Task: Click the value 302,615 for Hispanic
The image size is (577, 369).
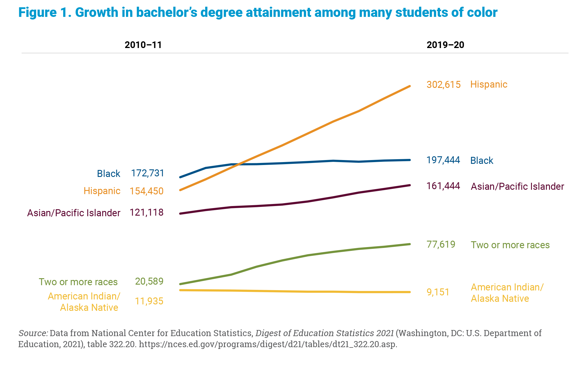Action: coord(443,85)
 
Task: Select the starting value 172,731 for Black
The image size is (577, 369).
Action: coord(147,173)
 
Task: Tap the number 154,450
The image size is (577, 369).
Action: coord(146,191)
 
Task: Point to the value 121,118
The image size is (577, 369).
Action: coord(146,212)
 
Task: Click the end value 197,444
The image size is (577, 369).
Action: coord(443,160)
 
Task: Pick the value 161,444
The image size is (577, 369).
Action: coord(443,186)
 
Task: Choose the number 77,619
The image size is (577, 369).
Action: coord(441,244)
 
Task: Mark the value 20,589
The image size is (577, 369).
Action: coord(149,281)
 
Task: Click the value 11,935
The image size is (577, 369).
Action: coord(149,301)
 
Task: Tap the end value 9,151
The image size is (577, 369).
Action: coord(438,292)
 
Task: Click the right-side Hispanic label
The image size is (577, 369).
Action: coord(489,85)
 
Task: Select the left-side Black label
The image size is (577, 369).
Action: coord(109,174)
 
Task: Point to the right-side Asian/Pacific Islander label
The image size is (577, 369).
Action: coord(517,187)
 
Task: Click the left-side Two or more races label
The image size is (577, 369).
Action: coord(78,282)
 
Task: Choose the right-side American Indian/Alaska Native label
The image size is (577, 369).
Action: coord(507,293)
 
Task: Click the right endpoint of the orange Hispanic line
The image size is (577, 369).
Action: coord(410,86)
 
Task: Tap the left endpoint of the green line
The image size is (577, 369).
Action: coord(180,284)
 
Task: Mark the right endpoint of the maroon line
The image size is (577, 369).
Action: coord(410,185)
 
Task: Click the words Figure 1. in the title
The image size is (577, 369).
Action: coord(45,13)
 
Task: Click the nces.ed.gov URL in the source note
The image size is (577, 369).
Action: coord(268,344)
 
